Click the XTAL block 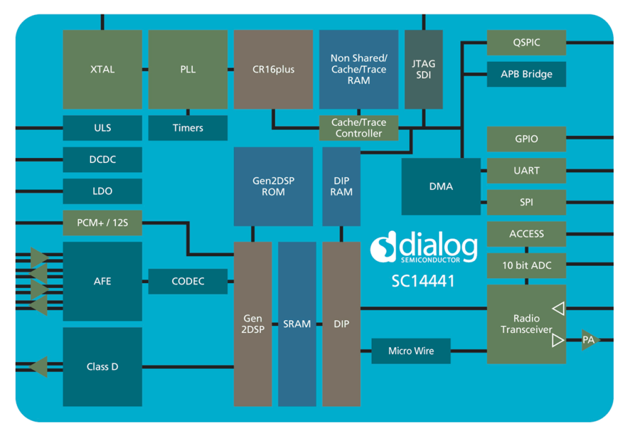[x=102, y=69]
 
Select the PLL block [x=188, y=69]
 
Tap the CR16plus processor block [x=273, y=69]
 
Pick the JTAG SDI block [x=424, y=69]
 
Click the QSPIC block [x=526, y=43]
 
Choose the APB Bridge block [x=526, y=74]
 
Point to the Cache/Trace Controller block [x=359, y=128]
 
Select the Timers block [x=188, y=128]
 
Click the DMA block [x=441, y=186]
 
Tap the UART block [x=526, y=171]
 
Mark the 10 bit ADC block [x=526, y=266]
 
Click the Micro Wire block [x=411, y=351]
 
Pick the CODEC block [x=188, y=281]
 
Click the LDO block [x=102, y=191]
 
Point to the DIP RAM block [x=341, y=186]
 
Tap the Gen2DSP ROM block [x=273, y=186]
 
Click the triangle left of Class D [x=39, y=367]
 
